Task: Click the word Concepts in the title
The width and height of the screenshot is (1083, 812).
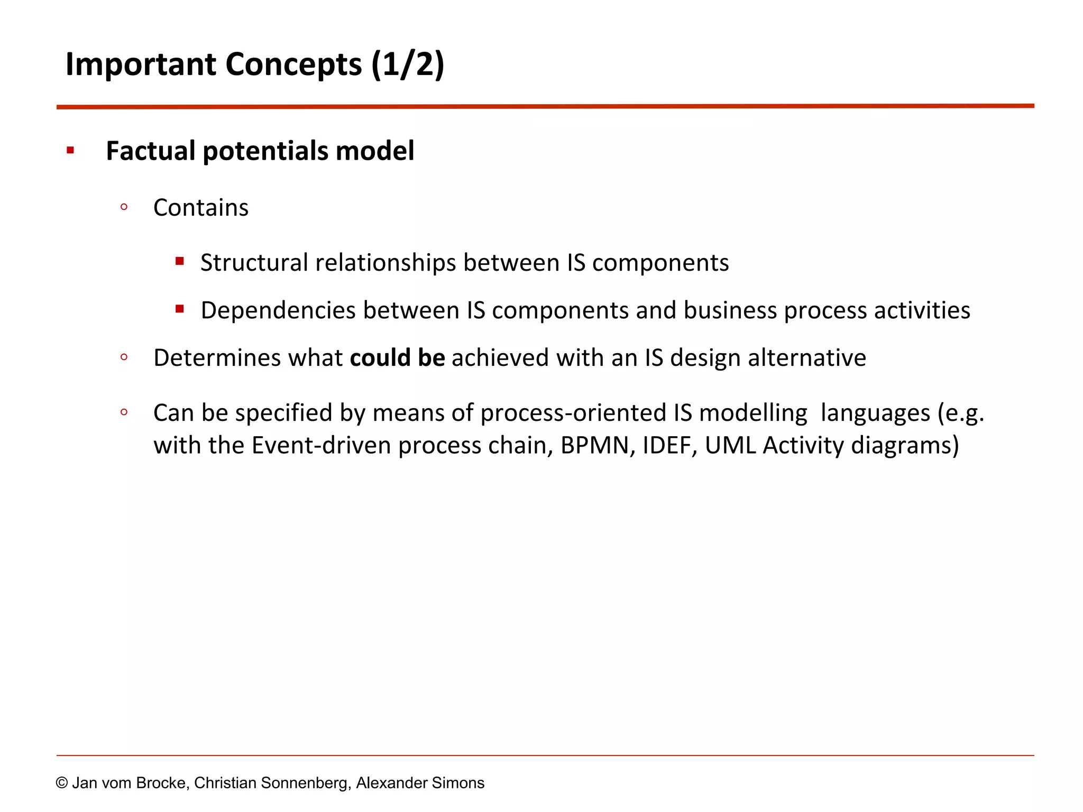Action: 293,64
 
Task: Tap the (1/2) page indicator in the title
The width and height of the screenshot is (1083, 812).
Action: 407,64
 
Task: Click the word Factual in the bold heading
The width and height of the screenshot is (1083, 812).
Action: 151,151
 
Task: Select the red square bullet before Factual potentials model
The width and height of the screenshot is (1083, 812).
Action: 70,151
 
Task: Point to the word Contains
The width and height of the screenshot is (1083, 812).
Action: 200,208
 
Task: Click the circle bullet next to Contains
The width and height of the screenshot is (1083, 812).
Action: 124,207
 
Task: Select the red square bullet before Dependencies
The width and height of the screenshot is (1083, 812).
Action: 180,309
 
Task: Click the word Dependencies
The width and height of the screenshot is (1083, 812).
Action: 278,310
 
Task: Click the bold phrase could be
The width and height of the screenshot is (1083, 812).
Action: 397,358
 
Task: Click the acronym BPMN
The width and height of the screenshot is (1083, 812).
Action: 597,446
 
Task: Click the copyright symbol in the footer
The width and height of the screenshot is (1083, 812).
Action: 62,783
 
